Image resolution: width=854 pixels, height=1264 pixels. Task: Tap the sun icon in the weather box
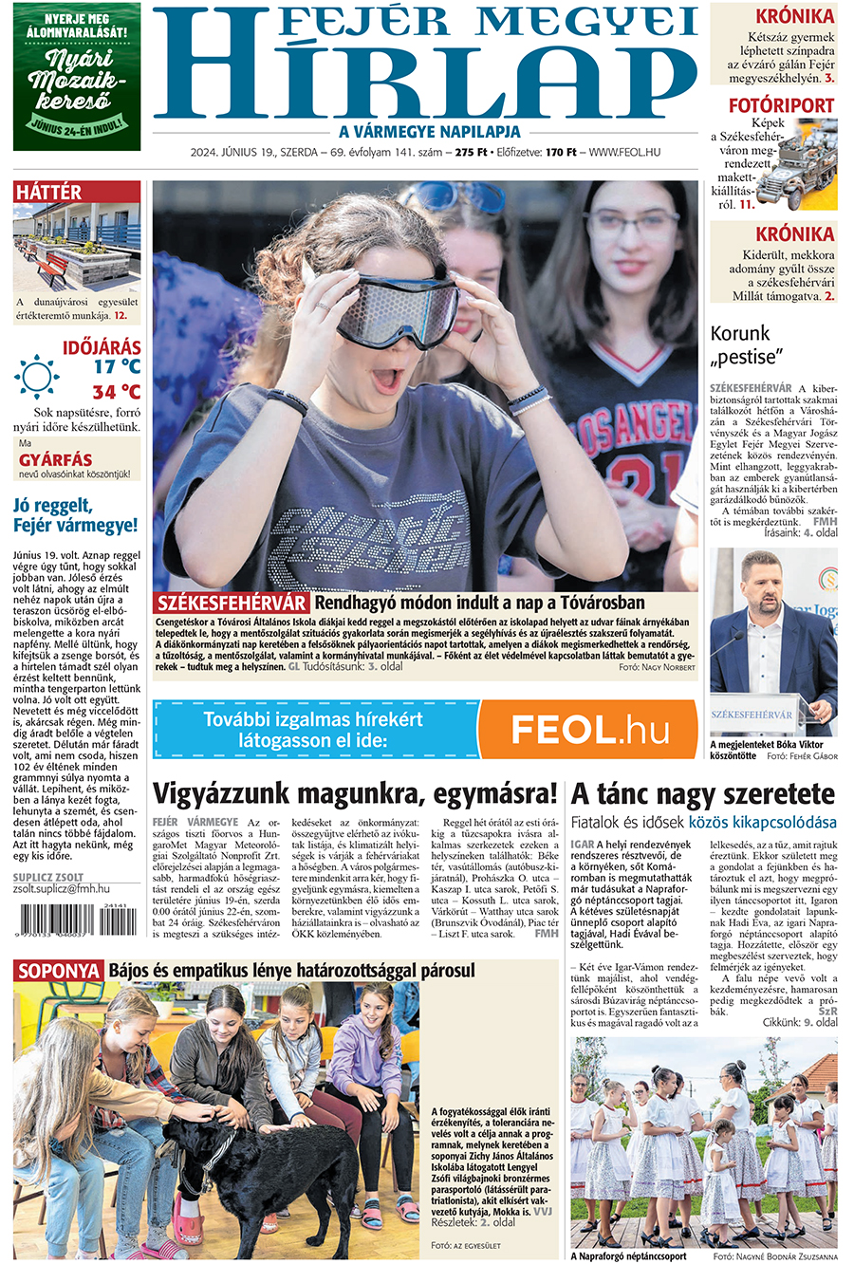[x=37, y=377]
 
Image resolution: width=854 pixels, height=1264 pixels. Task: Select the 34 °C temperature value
[x=116, y=391]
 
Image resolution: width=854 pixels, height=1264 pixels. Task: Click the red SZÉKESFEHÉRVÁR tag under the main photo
[x=232, y=604]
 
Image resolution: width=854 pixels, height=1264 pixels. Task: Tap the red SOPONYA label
[x=59, y=971]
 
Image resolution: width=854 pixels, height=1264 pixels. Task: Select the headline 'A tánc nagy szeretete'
[x=702, y=793]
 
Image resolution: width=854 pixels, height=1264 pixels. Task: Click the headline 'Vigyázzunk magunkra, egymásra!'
[x=355, y=793]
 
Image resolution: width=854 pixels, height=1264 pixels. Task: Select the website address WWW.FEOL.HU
[x=625, y=152]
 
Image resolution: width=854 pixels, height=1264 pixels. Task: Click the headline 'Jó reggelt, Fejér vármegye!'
[x=76, y=514]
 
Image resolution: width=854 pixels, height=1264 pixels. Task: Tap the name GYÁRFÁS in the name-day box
[x=56, y=460]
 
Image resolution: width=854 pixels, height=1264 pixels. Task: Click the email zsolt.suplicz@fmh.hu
[x=62, y=889]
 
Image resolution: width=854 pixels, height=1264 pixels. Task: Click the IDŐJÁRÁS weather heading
[x=102, y=347]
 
